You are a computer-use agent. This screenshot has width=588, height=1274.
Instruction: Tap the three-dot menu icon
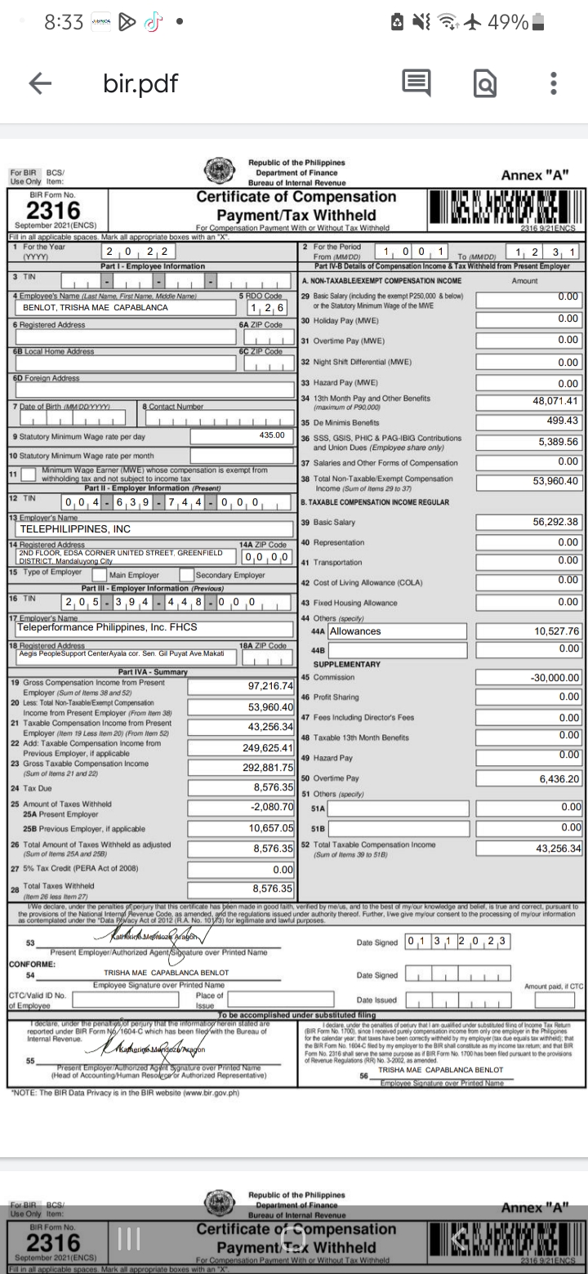tap(553, 83)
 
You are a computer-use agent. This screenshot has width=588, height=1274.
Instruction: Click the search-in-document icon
tap(484, 83)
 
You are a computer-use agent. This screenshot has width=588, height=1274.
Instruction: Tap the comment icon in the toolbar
tap(416, 82)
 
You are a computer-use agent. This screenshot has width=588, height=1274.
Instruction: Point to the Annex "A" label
tap(535, 175)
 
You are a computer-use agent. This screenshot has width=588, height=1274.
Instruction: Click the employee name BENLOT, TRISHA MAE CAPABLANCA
tap(96, 308)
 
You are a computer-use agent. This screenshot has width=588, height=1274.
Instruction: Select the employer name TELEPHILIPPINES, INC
tap(75, 528)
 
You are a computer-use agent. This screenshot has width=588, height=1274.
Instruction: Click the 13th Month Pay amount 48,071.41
tap(555, 401)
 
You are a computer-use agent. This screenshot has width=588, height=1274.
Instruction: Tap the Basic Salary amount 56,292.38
tap(555, 522)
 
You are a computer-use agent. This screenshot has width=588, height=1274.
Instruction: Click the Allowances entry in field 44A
tap(355, 630)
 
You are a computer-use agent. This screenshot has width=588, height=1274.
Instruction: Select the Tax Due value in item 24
tap(273, 787)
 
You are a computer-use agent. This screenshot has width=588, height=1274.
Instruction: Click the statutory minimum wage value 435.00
tap(271, 435)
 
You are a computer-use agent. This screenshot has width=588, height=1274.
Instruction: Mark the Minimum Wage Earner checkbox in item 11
tap(29, 474)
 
